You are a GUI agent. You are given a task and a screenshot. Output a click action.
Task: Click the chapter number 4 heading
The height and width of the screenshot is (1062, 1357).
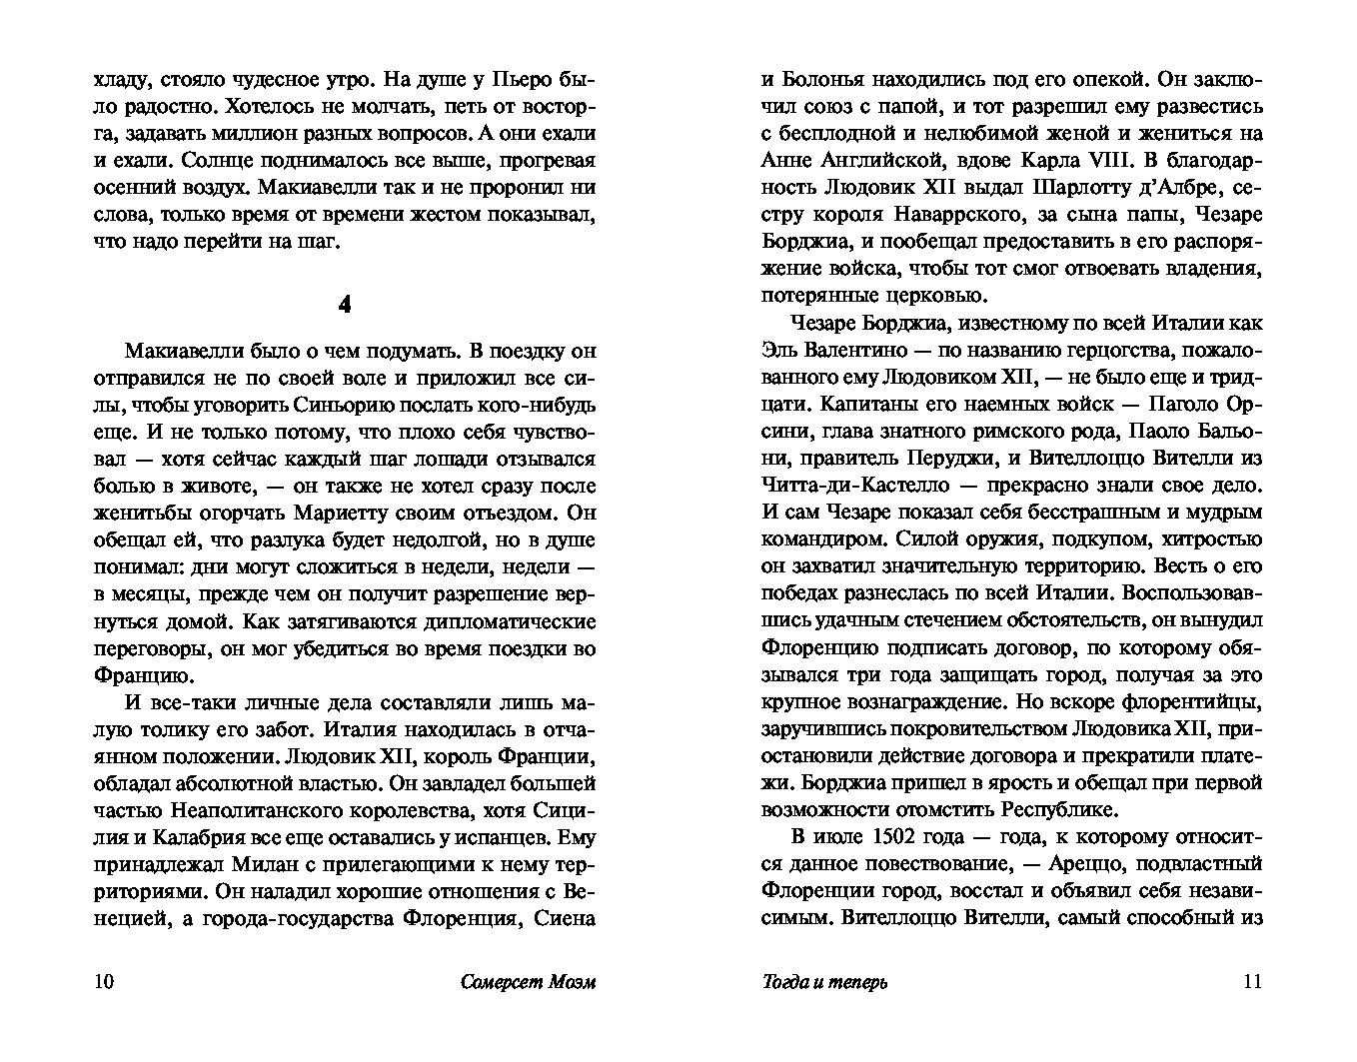click(345, 305)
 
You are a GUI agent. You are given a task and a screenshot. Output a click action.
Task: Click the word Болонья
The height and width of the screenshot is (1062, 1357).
click(835, 79)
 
